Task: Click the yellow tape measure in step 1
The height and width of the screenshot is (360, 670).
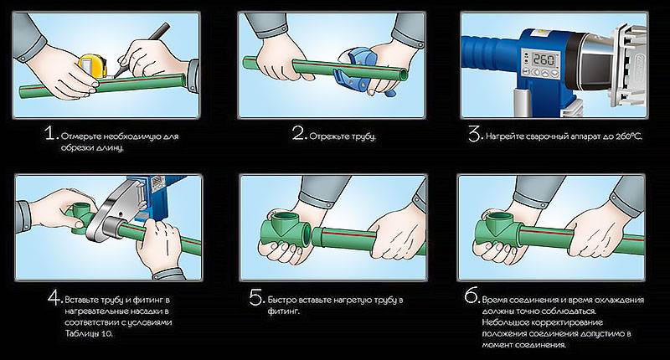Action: click(x=92, y=66)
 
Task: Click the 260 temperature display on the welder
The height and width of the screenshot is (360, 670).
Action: click(x=544, y=59)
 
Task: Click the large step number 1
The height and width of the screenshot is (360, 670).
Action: click(x=51, y=134)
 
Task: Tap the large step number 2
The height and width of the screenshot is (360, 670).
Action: click(x=299, y=133)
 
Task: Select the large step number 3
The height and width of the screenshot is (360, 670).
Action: click(x=475, y=134)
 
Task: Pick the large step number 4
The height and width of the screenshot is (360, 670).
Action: click(x=55, y=298)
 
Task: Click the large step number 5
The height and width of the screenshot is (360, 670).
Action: click(x=257, y=298)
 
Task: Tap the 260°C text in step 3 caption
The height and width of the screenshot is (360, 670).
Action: click(x=629, y=136)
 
